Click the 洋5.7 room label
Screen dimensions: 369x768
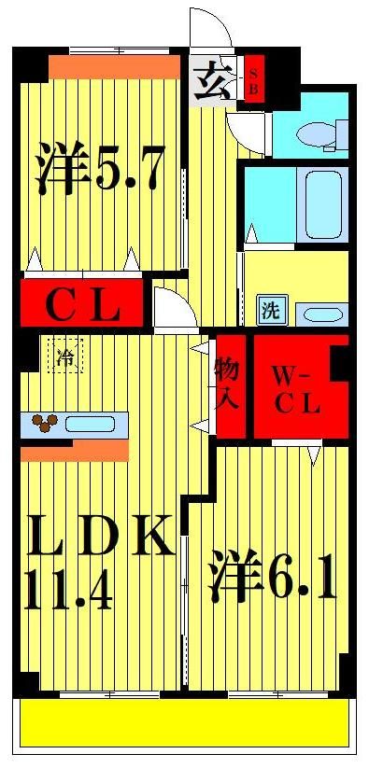point(101,167)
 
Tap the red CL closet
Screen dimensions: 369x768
point(83,304)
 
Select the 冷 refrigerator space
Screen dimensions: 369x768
point(66,354)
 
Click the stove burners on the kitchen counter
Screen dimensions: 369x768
point(46,424)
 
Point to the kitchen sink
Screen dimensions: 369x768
point(91,424)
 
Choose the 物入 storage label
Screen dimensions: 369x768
point(226,384)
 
